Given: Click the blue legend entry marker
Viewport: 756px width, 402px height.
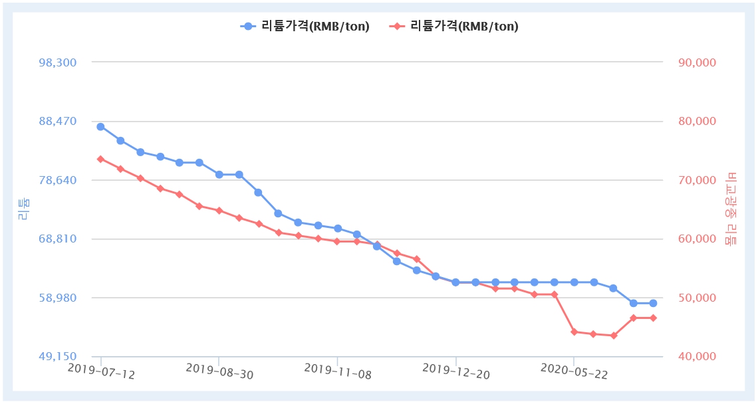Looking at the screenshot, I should (x=249, y=27).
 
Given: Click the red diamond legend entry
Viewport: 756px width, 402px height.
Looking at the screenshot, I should (x=397, y=27).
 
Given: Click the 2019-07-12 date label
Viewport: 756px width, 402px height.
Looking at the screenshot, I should (x=101, y=371).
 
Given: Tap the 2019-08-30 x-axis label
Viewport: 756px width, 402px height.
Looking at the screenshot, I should (x=219, y=371).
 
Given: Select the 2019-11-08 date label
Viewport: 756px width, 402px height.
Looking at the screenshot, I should (x=338, y=371).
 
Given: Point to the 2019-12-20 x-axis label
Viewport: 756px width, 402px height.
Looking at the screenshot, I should (x=456, y=371).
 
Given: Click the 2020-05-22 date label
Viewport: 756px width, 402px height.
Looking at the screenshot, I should (x=574, y=371).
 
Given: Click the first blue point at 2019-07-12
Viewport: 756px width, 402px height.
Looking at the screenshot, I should (x=100, y=126).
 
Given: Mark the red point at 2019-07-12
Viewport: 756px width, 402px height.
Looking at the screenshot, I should (x=100, y=159).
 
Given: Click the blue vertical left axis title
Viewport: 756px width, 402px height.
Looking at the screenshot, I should (x=23, y=209).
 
